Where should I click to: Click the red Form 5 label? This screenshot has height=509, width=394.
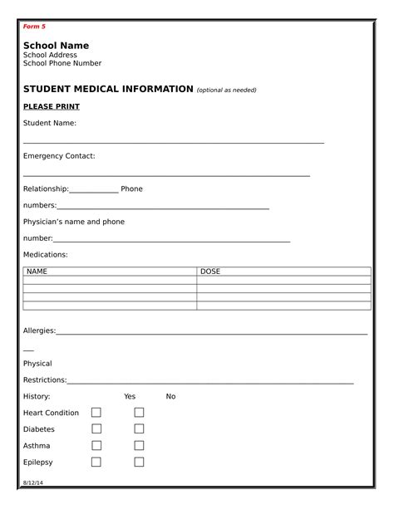click(34, 27)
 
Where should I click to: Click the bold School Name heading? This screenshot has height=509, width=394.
click(56, 45)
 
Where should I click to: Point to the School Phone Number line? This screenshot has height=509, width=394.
click(62, 63)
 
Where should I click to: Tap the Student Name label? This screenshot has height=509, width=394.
click(50, 123)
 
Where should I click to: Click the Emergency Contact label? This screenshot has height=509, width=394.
click(59, 156)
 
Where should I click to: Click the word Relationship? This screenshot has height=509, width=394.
click(46, 188)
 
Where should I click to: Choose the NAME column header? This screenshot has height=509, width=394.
click(37, 272)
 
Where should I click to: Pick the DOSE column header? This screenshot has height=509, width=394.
click(210, 272)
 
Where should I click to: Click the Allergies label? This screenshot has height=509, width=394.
click(39, 330)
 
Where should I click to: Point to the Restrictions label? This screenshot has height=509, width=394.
click(44, 379)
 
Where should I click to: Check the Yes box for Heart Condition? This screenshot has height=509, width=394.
click(96, 413)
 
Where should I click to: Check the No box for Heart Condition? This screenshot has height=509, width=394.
click(139, 413)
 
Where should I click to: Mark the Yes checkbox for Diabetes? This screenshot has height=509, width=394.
click(96, 429)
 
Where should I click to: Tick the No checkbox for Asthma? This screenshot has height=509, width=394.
click(139, 446)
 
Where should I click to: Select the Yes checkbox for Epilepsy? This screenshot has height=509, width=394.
click(96, 462)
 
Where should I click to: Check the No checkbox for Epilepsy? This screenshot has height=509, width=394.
click(139, 462)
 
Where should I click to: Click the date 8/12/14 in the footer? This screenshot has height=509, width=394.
click(32, 482)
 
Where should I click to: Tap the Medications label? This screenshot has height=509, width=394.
click(45, 254)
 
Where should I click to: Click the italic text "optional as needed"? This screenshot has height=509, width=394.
click(226, 91)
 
